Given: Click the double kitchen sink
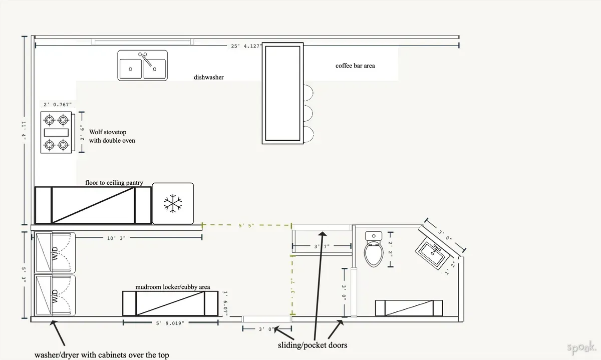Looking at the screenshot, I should [x=142, y=66].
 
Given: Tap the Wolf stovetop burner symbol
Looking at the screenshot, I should [x=56, y=133].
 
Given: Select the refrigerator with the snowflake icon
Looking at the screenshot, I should [x=172, y=203].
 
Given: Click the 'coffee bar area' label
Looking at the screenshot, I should [x=355, y=66].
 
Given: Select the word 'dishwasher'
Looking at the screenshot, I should [x=208, y=77].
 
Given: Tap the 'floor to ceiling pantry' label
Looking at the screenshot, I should [x=114, y=183].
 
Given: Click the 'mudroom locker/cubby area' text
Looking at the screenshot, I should [x=172, y=287].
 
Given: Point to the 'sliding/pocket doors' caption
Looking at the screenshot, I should [x=312, y=345].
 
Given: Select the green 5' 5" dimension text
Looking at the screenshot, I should [x=246, y=226].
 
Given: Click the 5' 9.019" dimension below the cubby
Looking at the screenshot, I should [x=170, y=323].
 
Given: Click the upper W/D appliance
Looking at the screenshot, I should [x=54, y=252].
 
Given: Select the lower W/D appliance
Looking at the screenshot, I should [x=54, y=295].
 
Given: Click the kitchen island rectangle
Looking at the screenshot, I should [x=283, y=94].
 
